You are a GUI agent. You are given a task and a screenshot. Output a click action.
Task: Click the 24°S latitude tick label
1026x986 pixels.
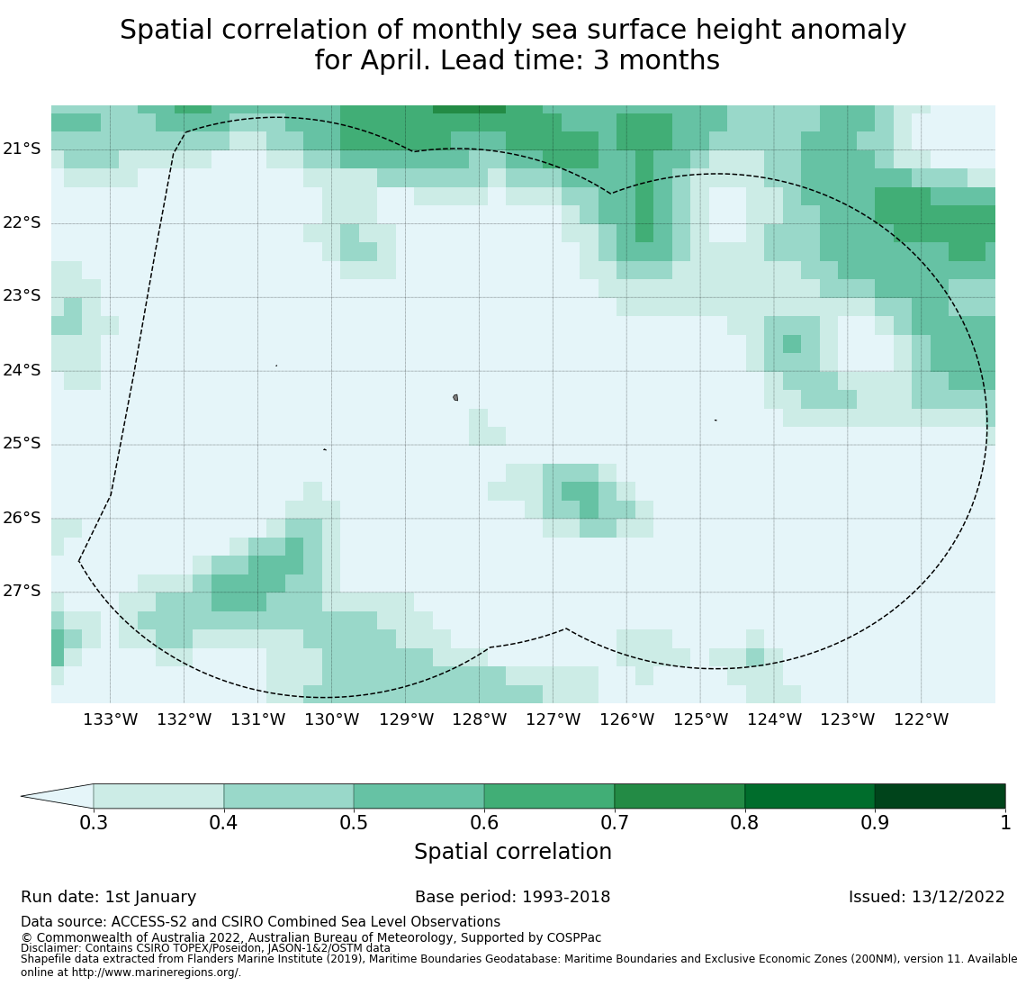(x=22, y=370)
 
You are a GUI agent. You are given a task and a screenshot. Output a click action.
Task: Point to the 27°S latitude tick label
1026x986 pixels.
(x=22, y=591)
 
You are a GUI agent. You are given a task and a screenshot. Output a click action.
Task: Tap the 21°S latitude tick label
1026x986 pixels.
(x=22, y=149)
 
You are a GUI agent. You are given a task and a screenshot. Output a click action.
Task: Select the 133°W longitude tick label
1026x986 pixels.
(x=110, y=719)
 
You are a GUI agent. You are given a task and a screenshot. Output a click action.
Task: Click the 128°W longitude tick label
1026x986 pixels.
(x=479, y=719)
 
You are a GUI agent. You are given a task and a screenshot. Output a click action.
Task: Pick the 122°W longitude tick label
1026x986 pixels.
(x=921, y=719)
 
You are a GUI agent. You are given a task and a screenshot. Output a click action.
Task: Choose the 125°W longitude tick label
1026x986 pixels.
(x=700, y=719)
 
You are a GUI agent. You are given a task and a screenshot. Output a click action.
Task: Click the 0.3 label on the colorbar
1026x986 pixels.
(x=94, y=822)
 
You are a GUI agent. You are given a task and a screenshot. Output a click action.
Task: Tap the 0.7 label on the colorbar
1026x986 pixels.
(x=615, y=822)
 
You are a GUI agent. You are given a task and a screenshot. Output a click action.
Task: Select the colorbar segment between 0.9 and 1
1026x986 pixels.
(x=940, y=796)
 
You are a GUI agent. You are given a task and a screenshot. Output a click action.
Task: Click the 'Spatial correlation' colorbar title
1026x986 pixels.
(x=512, y=852)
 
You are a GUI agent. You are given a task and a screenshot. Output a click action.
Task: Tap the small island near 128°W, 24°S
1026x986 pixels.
(x=455, y=397)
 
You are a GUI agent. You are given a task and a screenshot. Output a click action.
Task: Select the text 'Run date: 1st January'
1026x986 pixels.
(x=108, y=897)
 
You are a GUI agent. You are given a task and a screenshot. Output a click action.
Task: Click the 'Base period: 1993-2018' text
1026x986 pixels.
(x=512, y=897)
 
